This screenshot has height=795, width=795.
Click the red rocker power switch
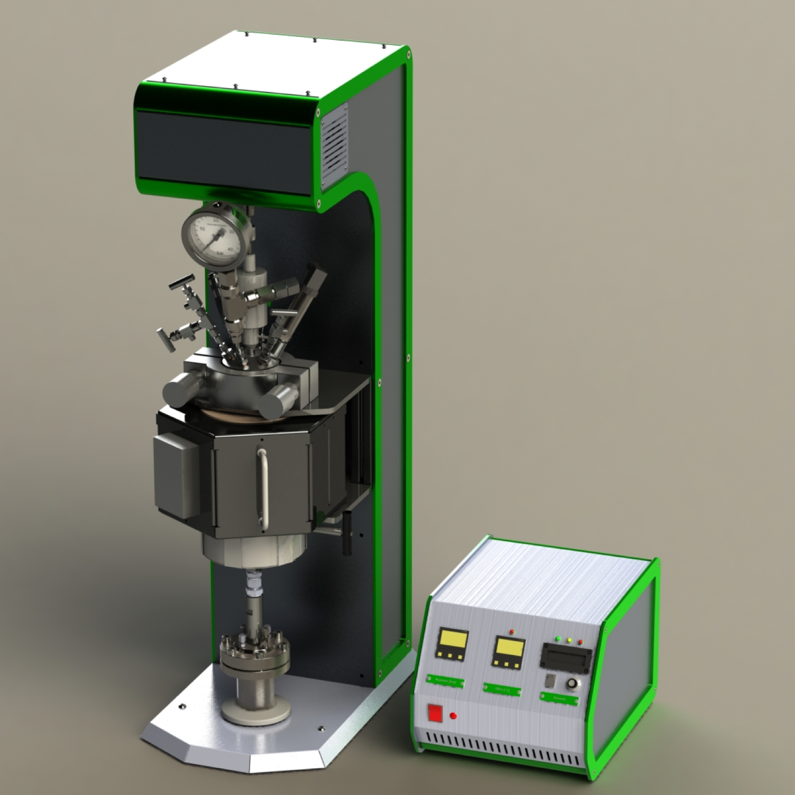[435, 713]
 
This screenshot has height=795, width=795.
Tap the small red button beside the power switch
[454, 716]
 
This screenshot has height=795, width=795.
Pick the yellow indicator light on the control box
[569, 640]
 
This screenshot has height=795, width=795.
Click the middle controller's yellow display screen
[509, 646]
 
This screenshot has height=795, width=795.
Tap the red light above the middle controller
[512, 630]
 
